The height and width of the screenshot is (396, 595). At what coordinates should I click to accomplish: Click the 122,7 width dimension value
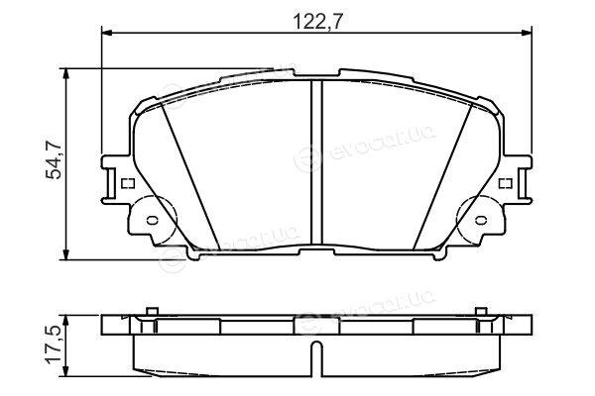(x=318, y=22)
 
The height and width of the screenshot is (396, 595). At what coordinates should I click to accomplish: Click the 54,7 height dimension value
(x=54, y=159)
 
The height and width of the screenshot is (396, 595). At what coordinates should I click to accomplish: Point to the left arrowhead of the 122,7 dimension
(x=108, y=34)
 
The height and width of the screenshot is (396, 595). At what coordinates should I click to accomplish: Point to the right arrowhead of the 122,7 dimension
(x=527, y=34)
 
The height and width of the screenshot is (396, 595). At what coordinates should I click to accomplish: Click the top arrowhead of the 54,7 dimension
(x=66, y=74)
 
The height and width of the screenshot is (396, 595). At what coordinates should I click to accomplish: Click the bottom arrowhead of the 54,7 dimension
(x=66, y=254)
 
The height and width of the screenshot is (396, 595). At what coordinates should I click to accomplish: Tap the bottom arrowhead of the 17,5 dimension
(x=66, y=371)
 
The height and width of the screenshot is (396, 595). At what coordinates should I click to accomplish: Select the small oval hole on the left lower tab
(x=152, y=220)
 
